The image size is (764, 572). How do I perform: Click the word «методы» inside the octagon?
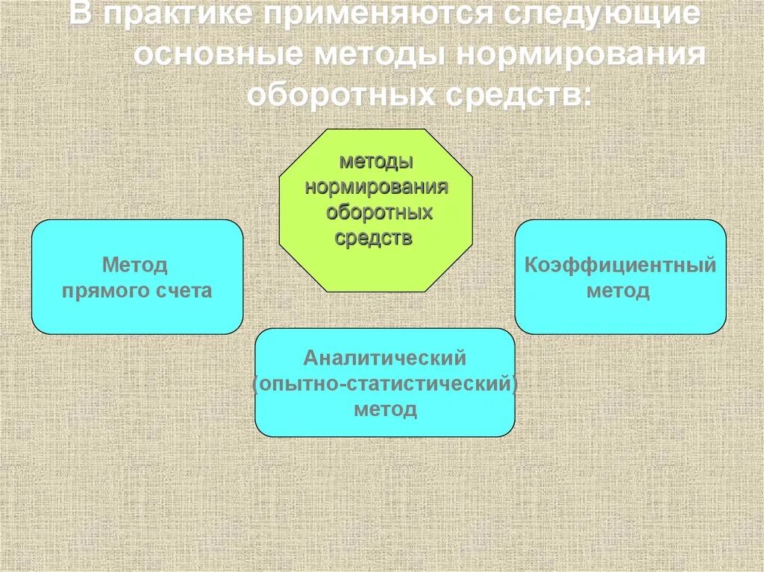[x=376, y=162]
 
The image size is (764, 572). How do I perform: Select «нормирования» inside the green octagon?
[x=376, y=187]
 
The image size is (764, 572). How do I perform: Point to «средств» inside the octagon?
[x=373, y=238]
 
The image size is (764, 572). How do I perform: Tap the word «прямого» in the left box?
[x=104, y=291]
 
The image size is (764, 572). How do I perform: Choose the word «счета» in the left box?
[x=184, y=291]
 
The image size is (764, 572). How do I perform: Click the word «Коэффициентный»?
[x=620, y=265]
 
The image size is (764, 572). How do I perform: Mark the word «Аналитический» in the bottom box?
[x=385, y=358]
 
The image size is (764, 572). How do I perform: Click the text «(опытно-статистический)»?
[x=385, y=384]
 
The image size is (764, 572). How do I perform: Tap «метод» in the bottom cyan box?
[x=385, y=409]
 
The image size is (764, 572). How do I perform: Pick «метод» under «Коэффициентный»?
[x=618, y=291]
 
